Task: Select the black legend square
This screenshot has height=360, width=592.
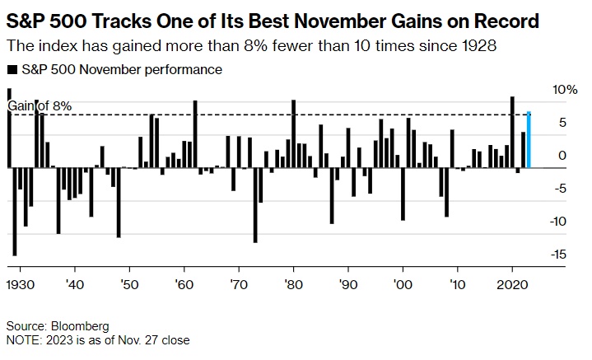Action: [10, 70]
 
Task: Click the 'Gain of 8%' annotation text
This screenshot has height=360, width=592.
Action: [39, 105]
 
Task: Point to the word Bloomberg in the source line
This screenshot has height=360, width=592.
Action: [81, 325]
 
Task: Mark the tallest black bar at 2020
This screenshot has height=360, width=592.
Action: [512, 132]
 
